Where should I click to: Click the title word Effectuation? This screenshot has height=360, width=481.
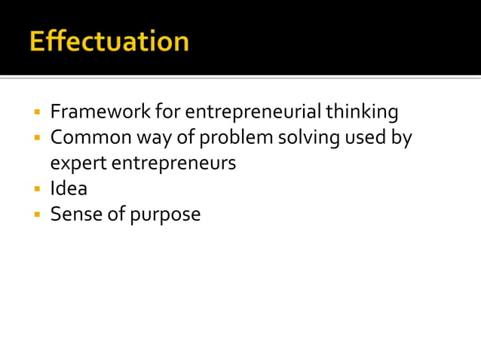[109, 41]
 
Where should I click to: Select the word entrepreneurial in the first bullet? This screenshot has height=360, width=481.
[253, 113]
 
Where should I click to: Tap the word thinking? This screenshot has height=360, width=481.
[362, 113]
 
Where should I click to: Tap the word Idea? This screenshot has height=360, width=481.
[69, 188]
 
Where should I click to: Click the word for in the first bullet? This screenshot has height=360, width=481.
[167, 113]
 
